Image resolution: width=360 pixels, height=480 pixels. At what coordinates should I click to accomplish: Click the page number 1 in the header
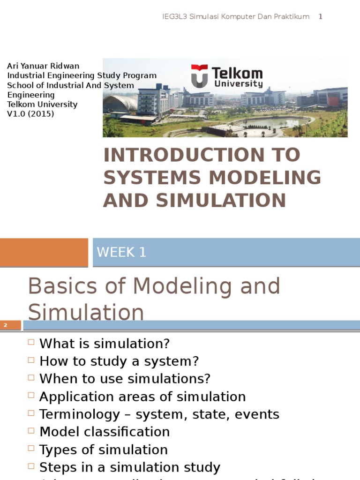click(x=321, y=17)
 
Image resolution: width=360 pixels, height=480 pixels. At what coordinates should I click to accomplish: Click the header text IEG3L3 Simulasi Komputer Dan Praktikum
click(x=236, y=17)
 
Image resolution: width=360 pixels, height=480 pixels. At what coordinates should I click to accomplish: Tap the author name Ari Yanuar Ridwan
click(x=43, y=66)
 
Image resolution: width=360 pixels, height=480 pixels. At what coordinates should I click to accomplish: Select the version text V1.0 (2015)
click(x=30, y=114)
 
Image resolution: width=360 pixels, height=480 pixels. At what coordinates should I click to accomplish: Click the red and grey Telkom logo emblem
click(x=199, y=76)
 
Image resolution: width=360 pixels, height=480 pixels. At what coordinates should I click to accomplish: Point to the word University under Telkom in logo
click(x=238, y=84)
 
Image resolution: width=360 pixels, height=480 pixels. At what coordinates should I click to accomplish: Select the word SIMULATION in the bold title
click(x=221, y=200)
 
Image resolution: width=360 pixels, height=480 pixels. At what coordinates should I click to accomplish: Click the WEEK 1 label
click(x=121, y=252)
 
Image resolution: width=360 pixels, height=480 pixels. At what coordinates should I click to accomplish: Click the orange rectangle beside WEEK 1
click(x=44, y=252)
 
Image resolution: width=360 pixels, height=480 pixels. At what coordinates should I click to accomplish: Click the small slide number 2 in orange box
click(x=6, y=325)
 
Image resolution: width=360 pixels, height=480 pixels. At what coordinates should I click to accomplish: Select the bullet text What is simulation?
click(x=105, y=344)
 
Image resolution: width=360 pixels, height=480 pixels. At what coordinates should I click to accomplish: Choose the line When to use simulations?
click(x=125, y=379)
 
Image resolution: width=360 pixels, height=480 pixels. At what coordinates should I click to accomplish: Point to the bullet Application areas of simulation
click(x=142, y=397)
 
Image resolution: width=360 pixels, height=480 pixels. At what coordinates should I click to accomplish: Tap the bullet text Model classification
click(x=105, y=432)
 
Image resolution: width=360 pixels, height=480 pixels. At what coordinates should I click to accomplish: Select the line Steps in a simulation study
click(x=130, y=467)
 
